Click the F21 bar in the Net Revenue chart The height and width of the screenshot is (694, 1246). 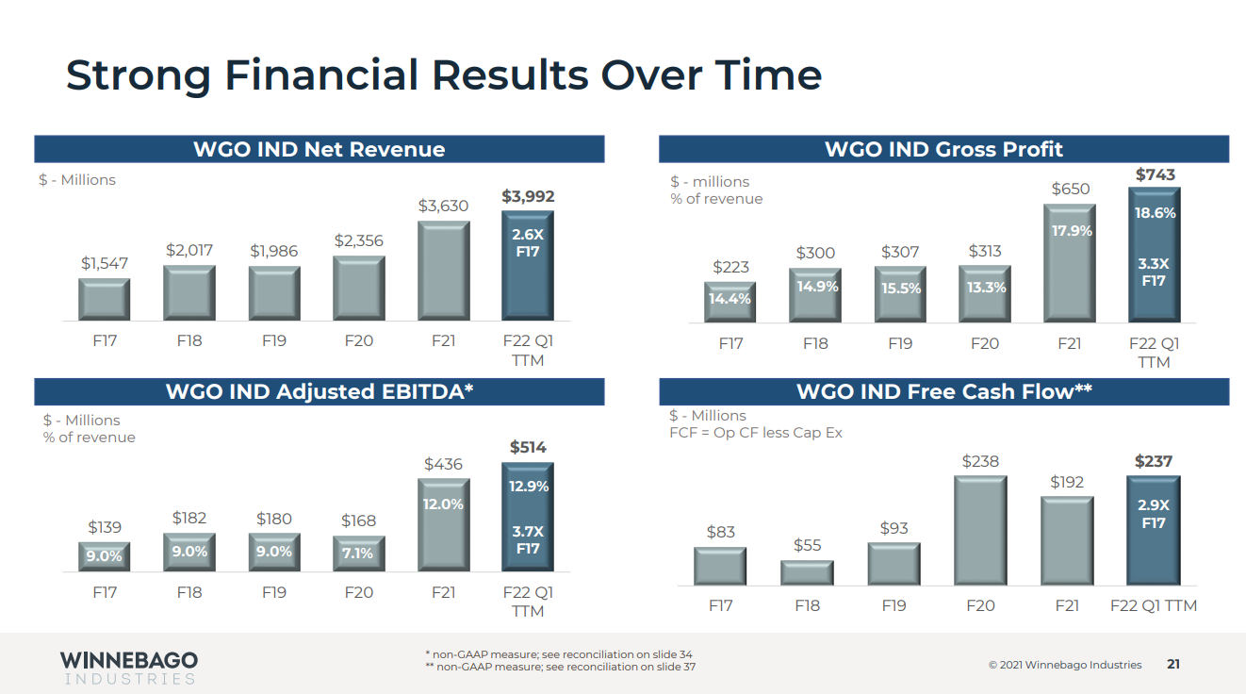(x=443, y=272)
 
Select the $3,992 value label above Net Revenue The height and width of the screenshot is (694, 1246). (x=528, y=197)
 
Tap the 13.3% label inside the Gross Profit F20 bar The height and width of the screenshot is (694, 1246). (x=986, y=288)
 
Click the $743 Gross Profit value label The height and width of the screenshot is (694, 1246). (x=1155, y=175)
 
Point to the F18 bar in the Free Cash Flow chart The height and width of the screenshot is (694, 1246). (x=807, y=573)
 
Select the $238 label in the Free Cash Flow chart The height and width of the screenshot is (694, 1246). (x=980, y=461)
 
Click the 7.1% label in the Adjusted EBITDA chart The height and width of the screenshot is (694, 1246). (x=358, y=554)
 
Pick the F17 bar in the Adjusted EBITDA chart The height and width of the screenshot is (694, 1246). (x=105, y=556)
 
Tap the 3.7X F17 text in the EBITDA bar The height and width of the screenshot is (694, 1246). (x=528, y=540)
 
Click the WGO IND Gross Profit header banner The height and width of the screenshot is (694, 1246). (x=943, y=149)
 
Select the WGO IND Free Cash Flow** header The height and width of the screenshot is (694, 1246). (x=943, y=392)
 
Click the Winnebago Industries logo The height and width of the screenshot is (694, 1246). (x=129, y=667)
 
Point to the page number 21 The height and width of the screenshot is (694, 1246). (x=1173, y=665)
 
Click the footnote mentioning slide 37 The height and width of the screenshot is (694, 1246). (x=561, y=668)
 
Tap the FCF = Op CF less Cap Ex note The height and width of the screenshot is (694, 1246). (x=756, y=433)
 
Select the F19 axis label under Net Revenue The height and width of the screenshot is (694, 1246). (x=273, y=340)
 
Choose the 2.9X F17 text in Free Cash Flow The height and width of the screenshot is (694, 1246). (x=1154, y=514)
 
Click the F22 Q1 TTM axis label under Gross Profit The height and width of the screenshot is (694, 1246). (x=1154, y=353)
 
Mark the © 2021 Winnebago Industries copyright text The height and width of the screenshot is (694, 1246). (x=1064, y=665)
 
